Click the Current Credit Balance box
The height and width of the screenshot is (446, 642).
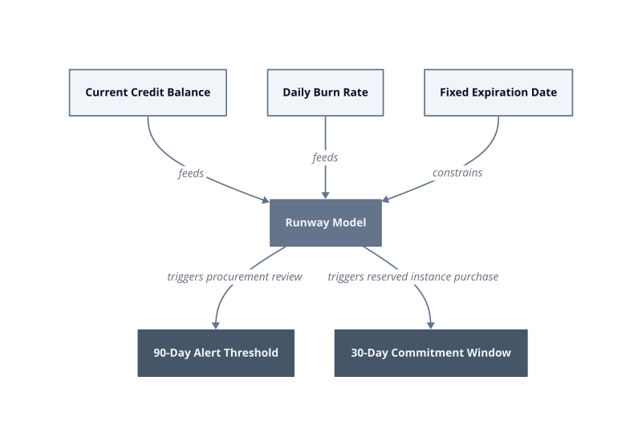click(x=148, y=92)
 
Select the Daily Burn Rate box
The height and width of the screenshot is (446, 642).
click(x=326, y=92)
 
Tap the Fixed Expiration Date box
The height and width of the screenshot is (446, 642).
click(x=498, y=92)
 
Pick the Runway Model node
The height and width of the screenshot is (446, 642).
click(x=326, y=223)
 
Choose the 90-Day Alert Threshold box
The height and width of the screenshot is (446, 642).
click(x=216, y=353)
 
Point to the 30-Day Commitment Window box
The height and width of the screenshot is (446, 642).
click(x=431, y=353)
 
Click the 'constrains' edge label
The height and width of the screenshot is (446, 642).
click(x=457, y=173)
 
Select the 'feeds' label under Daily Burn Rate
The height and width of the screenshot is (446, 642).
click(x=325, y=158)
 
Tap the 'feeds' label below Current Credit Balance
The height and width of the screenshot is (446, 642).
click(x=191, y=173)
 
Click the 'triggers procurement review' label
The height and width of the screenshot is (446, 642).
click(x=234, y=276)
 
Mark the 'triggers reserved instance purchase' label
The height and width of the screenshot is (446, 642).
click(x=413, y=276)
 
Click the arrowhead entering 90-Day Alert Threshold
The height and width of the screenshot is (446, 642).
click(x=216, y=325)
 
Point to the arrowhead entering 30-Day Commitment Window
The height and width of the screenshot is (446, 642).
click(x=430, y=325)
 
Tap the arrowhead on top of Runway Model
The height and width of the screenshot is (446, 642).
click(x=326, y=195)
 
